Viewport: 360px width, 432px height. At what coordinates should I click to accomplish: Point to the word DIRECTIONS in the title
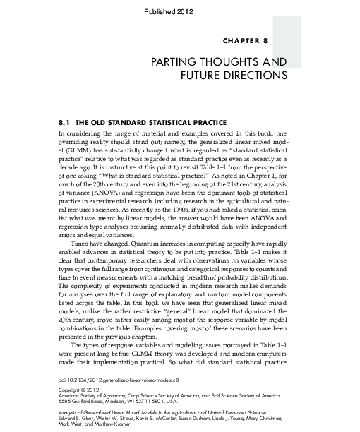point(251,74)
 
